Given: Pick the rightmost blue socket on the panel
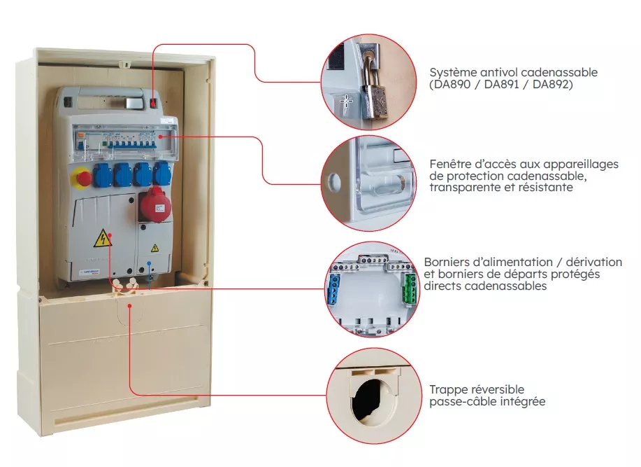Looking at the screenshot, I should tap(161, 173).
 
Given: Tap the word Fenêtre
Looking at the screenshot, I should tap(450, 164).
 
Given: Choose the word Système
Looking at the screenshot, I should tap(452, 72).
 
